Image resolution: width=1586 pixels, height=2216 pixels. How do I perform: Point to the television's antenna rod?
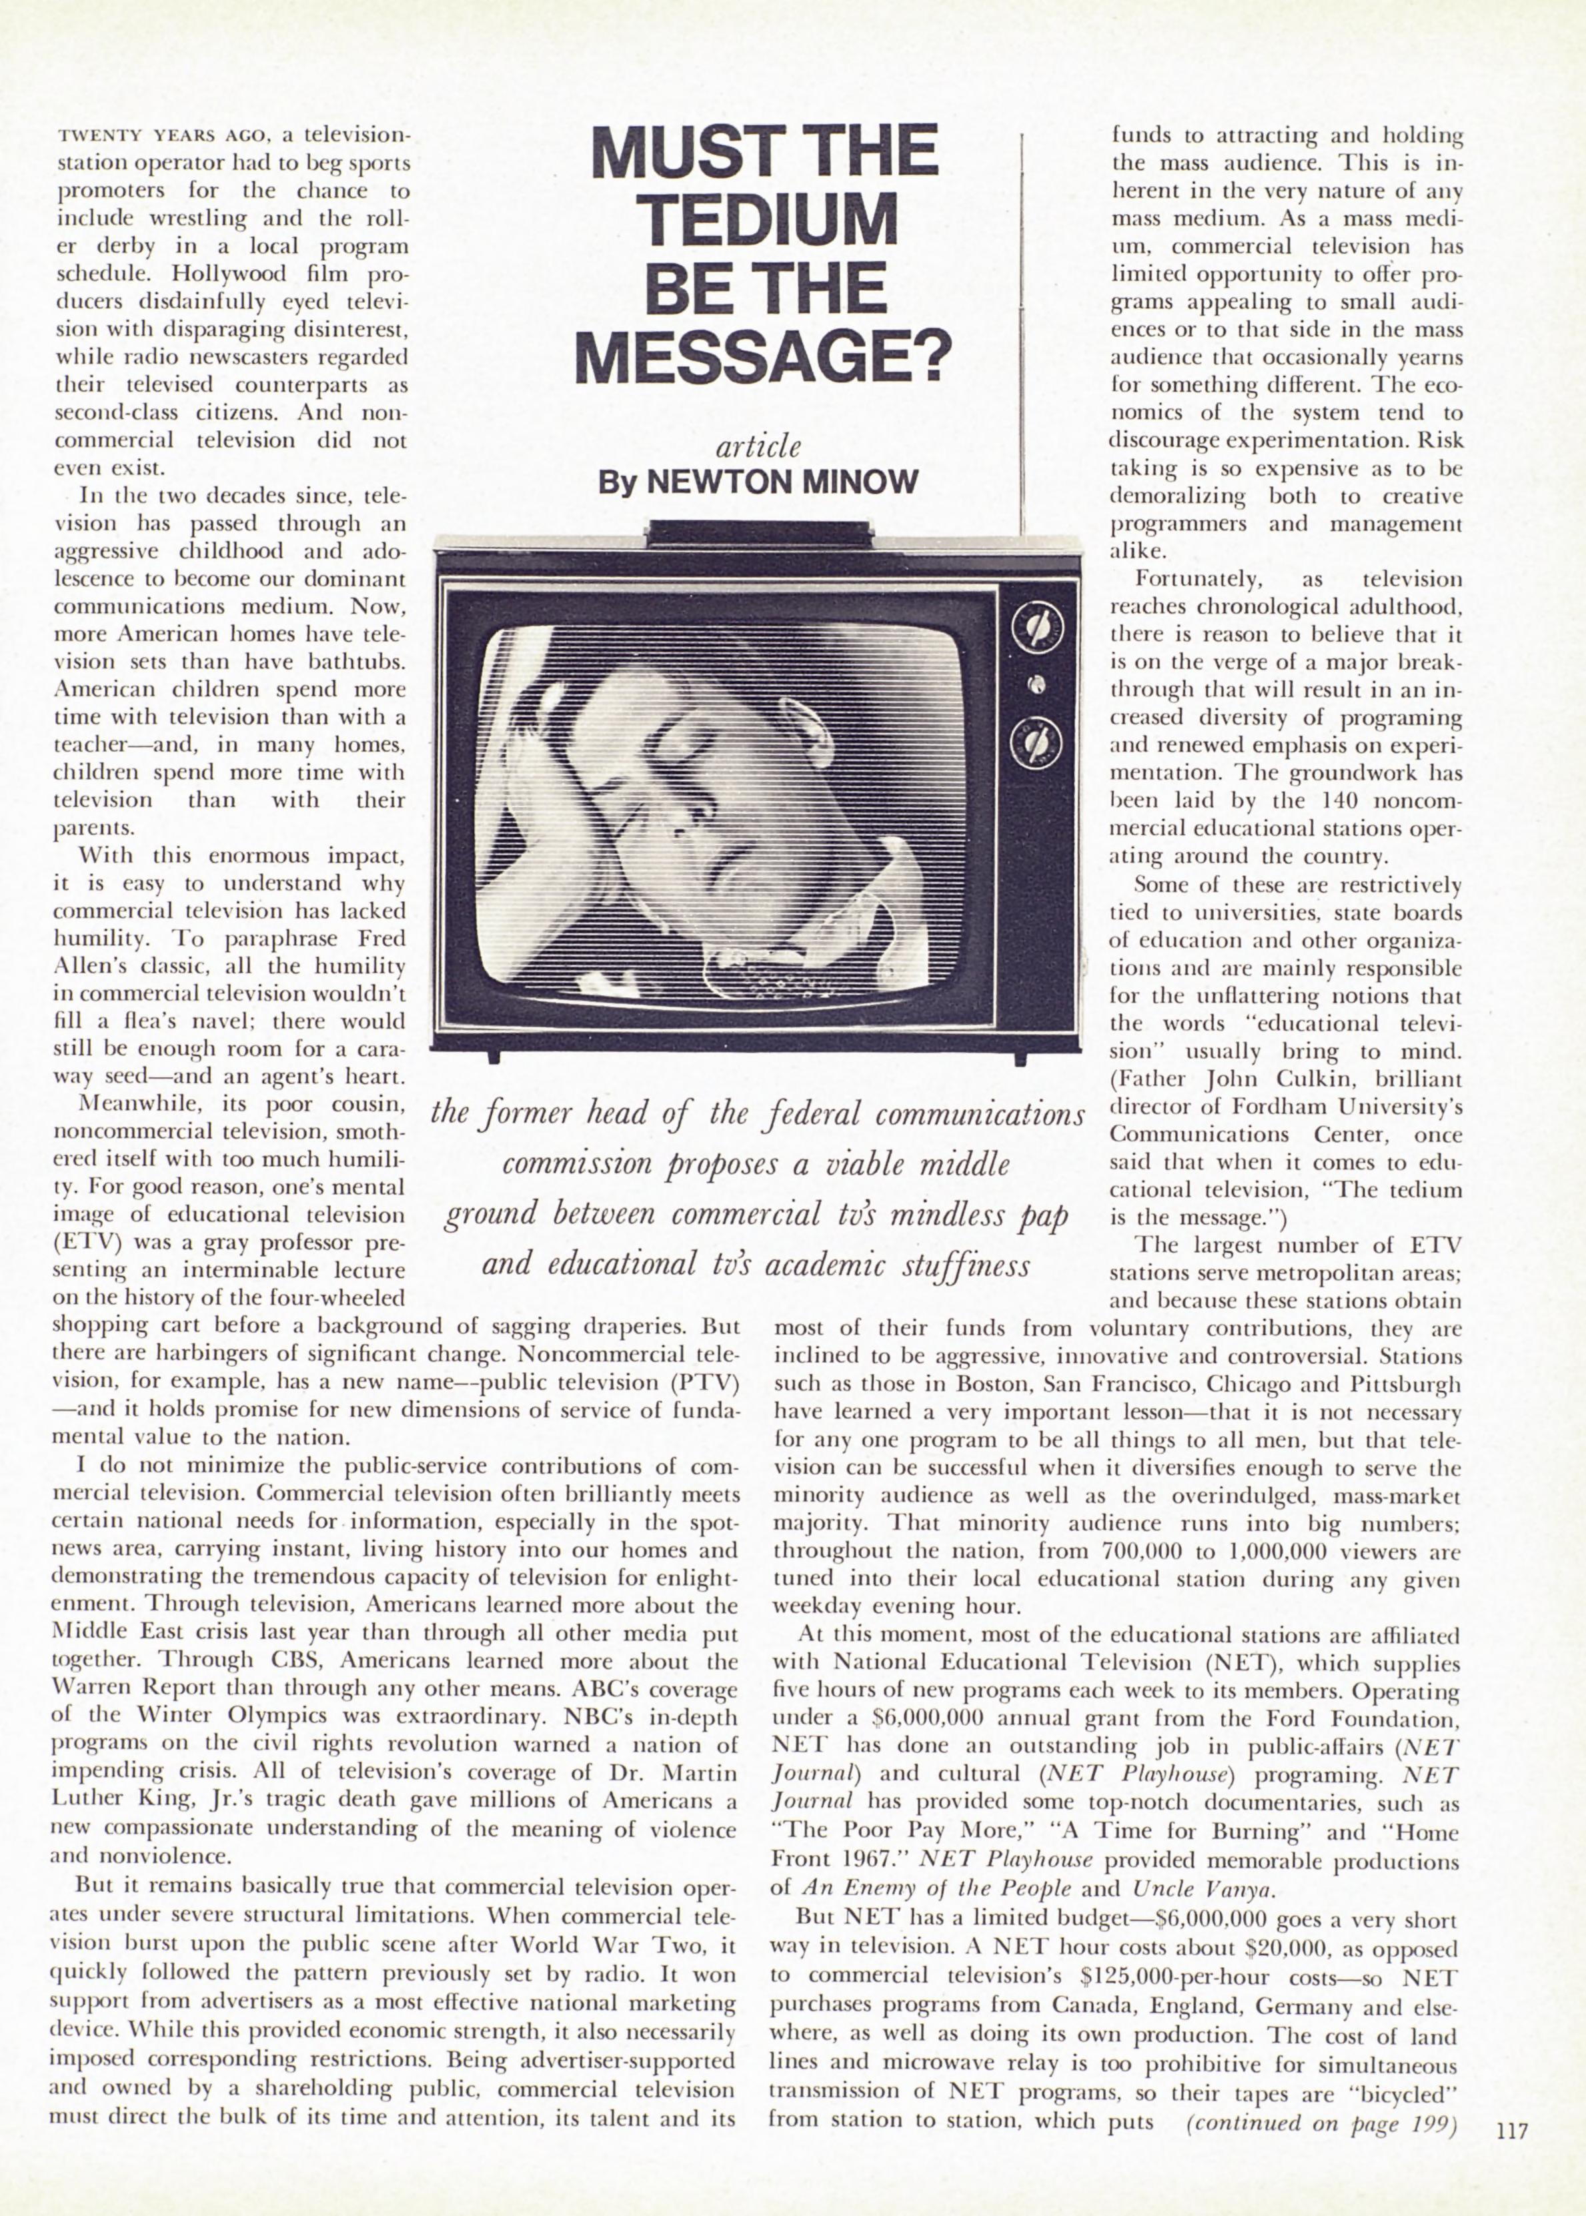(1020, 332)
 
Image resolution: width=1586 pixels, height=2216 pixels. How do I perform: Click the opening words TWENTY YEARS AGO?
(151, 135)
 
